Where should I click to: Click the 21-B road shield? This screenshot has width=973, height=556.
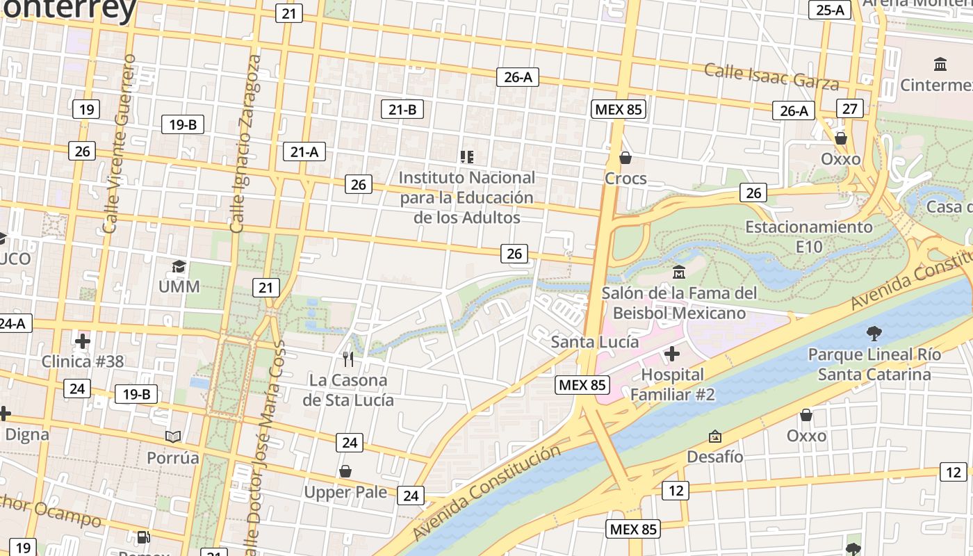[402, 109]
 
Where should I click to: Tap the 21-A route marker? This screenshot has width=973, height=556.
[304, 152]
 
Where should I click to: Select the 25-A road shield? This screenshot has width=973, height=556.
[830, 9]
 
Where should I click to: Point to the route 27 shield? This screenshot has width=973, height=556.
[850, 108]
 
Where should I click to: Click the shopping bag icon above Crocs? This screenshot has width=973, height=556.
[625, 158]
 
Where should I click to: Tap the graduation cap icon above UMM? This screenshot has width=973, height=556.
[179, 266]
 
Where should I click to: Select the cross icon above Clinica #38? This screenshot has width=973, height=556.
[83, 341]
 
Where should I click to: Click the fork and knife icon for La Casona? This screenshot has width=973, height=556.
[348, 359]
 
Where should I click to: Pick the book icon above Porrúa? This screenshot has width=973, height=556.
[173, 436]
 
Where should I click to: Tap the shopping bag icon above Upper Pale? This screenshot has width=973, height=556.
[345, 471]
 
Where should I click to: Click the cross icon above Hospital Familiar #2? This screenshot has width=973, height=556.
[671, 354]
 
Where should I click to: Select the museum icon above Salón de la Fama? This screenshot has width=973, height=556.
[678, 272]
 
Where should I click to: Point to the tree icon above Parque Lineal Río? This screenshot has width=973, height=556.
[874, 334]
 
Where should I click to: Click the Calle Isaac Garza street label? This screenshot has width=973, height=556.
[771, 75]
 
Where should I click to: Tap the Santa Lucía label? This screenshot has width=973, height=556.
[594, 342]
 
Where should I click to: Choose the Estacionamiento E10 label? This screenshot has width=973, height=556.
[808, 236]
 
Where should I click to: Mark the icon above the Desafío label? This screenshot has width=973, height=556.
[714, 436]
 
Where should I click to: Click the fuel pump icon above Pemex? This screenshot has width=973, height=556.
[143, 537]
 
